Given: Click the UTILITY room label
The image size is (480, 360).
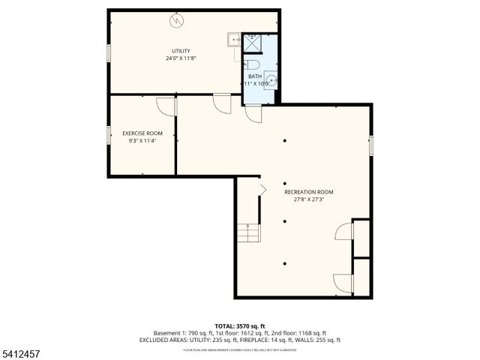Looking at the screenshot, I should tap(181, 51).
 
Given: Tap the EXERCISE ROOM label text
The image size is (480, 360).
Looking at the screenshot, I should tap(142, 133).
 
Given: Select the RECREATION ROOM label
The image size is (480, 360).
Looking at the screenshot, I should tap(309, 192).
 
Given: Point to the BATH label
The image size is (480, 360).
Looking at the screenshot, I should tap(255, 76).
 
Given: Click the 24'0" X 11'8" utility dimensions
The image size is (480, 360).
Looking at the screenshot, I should tap(181, 58).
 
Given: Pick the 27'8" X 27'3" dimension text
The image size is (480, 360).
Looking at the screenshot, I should tap(309, 199).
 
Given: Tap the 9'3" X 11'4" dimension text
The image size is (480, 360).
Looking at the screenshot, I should tap(142, 140).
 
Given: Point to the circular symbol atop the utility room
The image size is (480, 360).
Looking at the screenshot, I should tap(177, 20).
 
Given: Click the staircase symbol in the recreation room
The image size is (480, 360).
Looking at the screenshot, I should tap(248, 232).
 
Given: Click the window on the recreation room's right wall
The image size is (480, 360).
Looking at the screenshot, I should tap(370, 145).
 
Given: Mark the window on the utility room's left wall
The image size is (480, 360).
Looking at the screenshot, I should tap(109, 53).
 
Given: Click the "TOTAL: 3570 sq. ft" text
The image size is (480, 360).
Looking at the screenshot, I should tap(239, 325).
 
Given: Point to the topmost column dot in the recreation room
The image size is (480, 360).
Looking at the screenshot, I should tap(285, 140).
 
